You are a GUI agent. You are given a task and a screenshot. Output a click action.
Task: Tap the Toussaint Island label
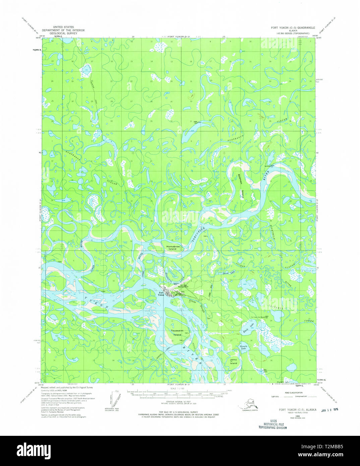(x=177, y=332)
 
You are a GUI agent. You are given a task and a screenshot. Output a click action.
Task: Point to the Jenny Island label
(x=233, y=361)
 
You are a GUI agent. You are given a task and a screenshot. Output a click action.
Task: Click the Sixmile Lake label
(x=243, y=347)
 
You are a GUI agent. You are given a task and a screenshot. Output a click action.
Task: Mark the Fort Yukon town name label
(x=161, y=294)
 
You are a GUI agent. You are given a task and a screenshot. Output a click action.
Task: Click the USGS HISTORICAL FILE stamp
(x=272, y=424)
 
